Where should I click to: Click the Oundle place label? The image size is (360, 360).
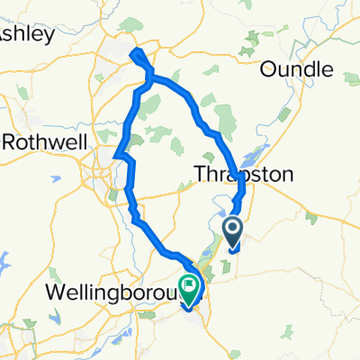(296, 69)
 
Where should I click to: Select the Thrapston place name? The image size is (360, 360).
(245, 175)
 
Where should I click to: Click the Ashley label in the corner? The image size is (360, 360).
(27, 33)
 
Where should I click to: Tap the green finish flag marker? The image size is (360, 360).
(191, 287)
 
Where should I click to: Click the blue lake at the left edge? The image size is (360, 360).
(5, 261)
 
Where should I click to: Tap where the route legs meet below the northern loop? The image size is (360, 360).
(148, 79)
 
